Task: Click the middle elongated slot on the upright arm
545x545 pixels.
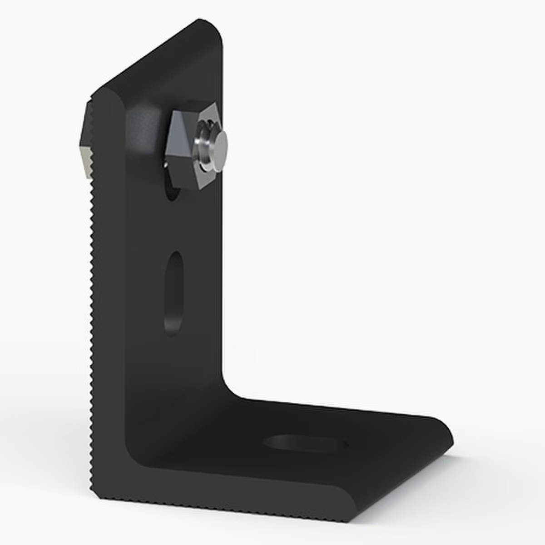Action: coord(173,293)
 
